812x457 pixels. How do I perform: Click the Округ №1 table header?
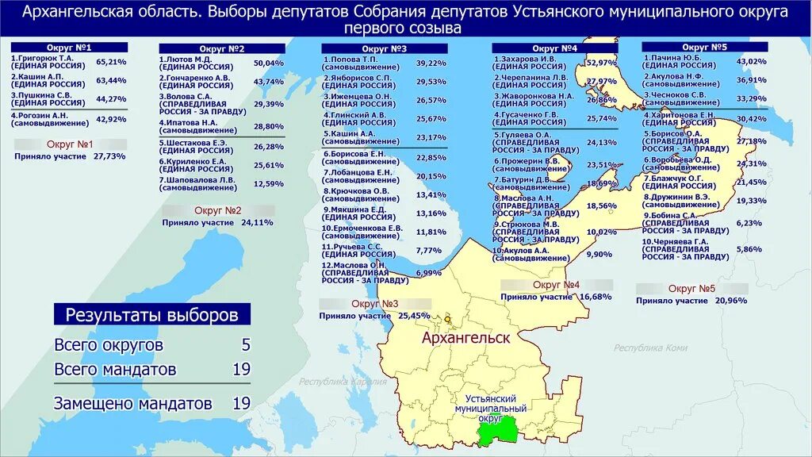[x=69, y=48]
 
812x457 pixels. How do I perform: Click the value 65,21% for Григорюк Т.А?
[x=111, y=61]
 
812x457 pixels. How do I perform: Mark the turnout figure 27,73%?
[x=109, y=156]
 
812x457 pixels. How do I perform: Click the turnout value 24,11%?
[x=257, y=222]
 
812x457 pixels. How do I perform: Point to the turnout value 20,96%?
[x=730, y=301]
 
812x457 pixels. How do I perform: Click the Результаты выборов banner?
[x=151, y=314]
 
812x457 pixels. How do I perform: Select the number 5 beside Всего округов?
[x=245, y=345]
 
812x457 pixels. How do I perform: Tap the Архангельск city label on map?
[x=465, y=337]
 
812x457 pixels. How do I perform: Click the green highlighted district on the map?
[x=498, y=432]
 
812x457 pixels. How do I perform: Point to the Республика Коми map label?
[x=650, y=348]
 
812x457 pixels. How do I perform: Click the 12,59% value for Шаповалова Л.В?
[x=268, y=183]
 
